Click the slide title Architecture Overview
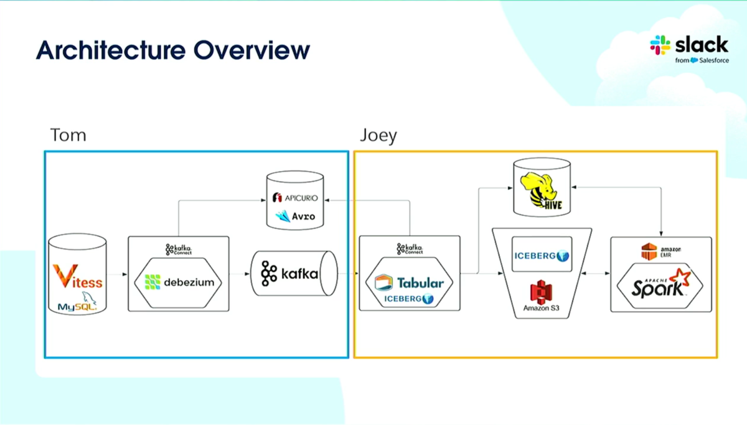[172, 50]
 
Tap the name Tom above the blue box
[68, 135]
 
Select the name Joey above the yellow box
[378, 136]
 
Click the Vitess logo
[77, 278]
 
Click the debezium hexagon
[179, 281]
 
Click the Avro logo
[296, 216]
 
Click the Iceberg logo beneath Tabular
[410, 299]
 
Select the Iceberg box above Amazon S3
[542, 255]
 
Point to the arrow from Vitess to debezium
[116, 274]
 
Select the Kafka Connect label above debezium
[179, 250]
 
